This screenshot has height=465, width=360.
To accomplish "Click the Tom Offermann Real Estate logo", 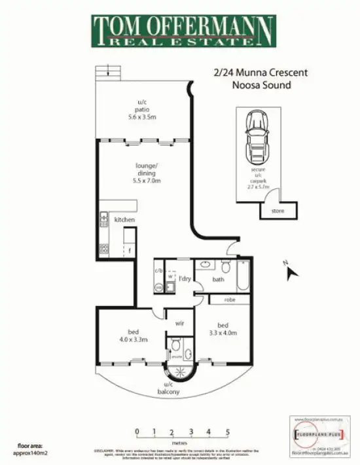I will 183,31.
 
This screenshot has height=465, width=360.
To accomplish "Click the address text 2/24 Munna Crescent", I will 251,73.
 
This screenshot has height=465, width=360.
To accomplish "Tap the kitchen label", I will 124,220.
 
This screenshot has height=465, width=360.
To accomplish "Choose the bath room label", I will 219,280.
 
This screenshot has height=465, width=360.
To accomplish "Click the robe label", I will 230,300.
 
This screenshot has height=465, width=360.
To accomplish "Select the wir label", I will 179,322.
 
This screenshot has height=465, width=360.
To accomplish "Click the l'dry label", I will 185,279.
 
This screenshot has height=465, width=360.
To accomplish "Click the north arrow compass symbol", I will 291,270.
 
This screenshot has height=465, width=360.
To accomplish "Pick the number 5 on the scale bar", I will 228,432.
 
